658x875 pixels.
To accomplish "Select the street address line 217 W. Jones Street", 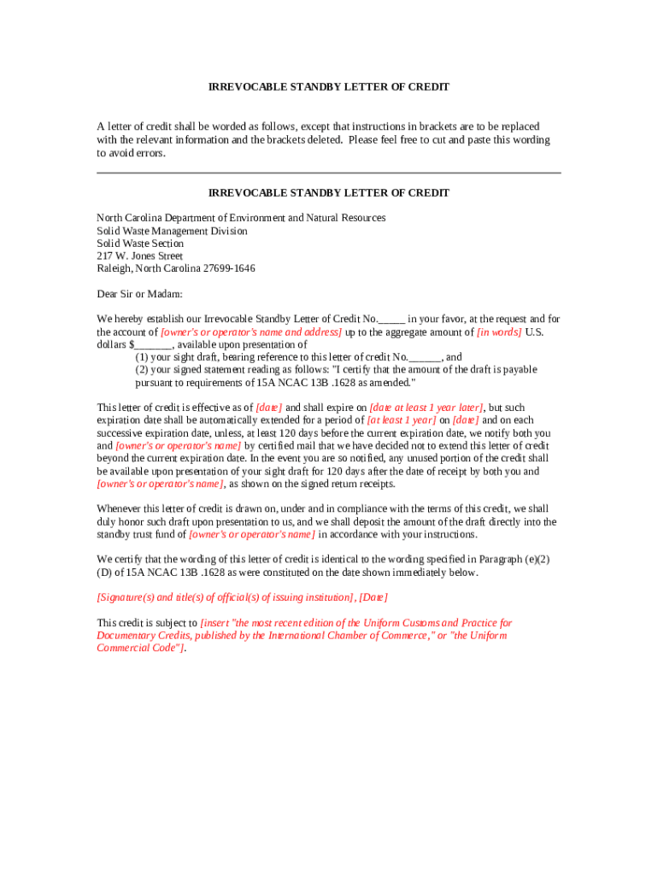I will tap(139, 255).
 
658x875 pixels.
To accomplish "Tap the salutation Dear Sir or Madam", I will tap(139, 294).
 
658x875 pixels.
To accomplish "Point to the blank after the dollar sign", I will tap(154, 344).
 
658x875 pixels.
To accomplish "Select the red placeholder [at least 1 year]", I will tap(402, 420).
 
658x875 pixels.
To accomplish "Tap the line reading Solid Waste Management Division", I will tap(172, 231).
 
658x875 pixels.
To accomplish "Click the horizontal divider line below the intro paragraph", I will tap(329, 173).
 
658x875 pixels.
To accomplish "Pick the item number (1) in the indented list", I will tap(143, 357).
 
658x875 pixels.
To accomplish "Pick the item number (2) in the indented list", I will tap(143, 370).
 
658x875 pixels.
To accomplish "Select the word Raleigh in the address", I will tap(114, 268).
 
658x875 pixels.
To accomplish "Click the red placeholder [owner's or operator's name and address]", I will tap(251, 332).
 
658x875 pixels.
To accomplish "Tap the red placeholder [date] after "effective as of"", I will tap(269, 408).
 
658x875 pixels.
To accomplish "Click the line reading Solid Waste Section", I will tap(139, 244).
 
